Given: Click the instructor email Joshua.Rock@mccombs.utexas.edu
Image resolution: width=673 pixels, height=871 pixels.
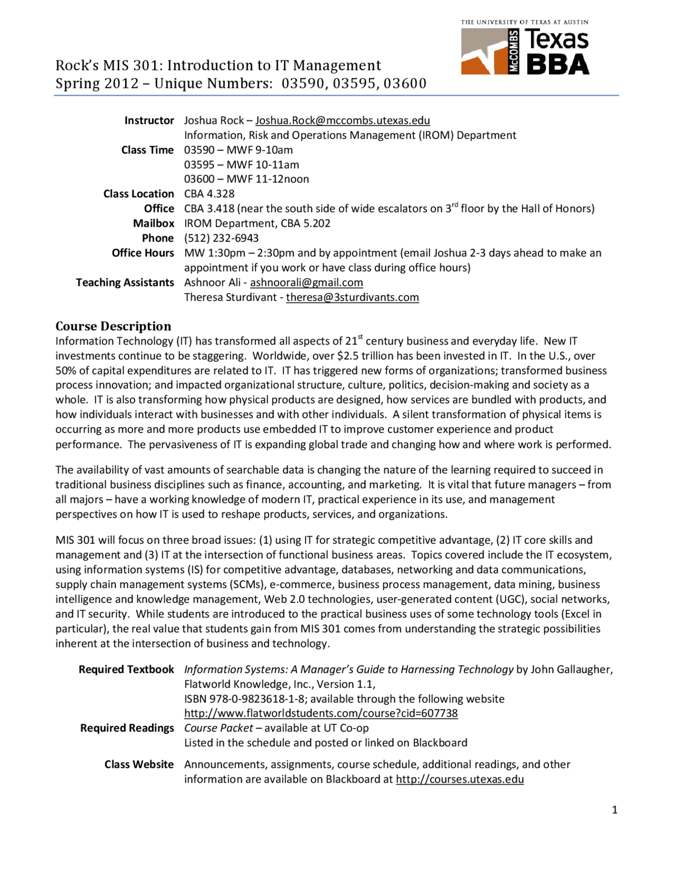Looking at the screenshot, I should (x=342, y=120).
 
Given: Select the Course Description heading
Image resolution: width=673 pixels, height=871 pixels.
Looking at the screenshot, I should (x=114, y=326).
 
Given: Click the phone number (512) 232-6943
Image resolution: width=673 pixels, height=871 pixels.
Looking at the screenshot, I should (x=221, y=238).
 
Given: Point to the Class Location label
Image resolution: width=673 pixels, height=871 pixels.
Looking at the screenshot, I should (x=138, y=194).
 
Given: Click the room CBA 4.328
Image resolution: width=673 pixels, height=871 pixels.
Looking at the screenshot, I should (x=209, y=194).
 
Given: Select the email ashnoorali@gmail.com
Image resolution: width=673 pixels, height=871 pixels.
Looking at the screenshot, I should (x=306, y=282).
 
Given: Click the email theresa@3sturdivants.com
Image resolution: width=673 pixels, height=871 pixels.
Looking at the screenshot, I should (x=352, y=297).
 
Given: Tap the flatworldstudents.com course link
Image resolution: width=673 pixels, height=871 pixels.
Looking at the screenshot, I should (x=321, y=713).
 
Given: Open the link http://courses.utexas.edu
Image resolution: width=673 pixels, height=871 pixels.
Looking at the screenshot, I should (x=460, y=779).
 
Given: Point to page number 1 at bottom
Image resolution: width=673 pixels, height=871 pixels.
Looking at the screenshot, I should (x=615, y=810).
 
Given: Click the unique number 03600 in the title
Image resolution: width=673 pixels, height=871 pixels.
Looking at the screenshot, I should (x=404, y=84).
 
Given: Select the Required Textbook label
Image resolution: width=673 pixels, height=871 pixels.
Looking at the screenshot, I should (x=126, y=670).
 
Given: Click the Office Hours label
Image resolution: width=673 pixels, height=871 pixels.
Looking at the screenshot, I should (x=142, y=253).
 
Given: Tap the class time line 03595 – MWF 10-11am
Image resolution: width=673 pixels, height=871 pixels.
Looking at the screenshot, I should (x=241, y=165).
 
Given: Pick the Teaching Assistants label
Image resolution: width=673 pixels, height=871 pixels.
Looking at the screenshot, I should (x=125, y=282).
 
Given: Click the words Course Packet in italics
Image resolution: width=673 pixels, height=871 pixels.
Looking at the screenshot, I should (x=218, y=728).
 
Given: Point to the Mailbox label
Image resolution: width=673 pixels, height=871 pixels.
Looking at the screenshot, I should (x=153, y=224).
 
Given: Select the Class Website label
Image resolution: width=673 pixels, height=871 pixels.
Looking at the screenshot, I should (x=139, y=764).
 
